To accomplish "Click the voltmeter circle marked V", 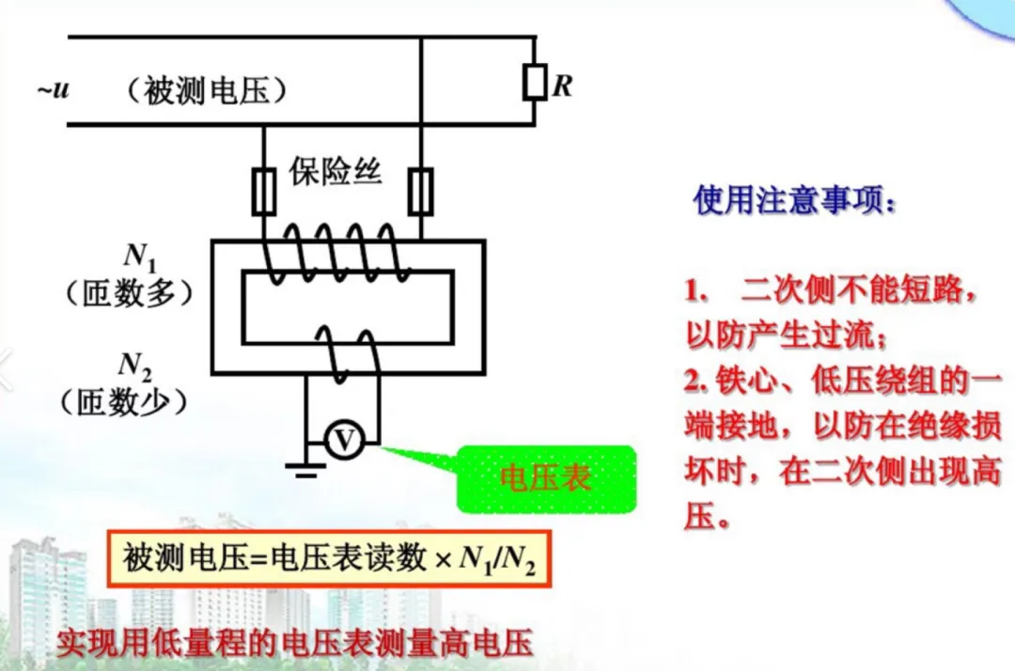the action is coord(345,440).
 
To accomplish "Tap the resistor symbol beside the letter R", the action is coord(535,83).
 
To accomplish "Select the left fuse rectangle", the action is coord(263,193).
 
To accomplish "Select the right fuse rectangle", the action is coord(422,192).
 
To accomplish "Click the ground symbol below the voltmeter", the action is coord(305,467).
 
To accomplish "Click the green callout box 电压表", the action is coord(546,478).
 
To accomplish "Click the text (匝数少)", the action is coord(124,401).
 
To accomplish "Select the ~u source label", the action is coord(54,90).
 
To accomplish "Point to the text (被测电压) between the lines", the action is coord(205,91).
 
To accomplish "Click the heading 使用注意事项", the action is coord(794,201).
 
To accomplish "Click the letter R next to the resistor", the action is coord(562,86).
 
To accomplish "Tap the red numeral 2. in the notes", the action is coord(695,382).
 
